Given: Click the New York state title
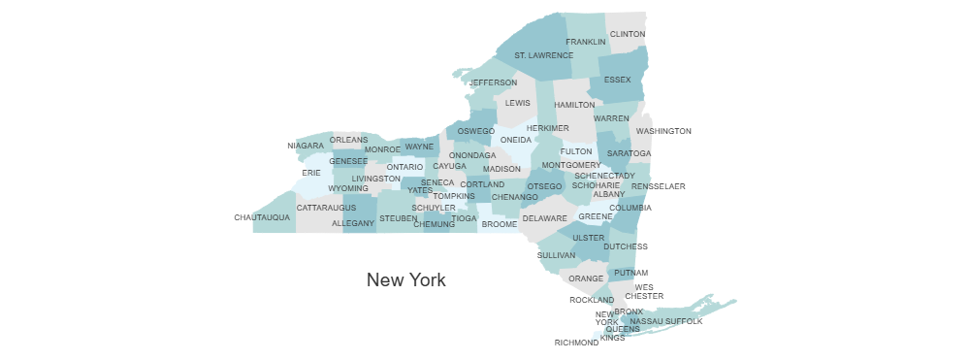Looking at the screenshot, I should pyautogui.click(x=406, y=280).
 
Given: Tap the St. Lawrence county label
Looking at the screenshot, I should pyautogui.click(x=543, y=55).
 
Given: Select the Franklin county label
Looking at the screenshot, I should pyautogui.click(x=586, y=42).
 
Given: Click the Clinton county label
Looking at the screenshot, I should pyautogui.click(x=628, y=34).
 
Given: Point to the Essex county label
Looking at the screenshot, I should pyautogui.click(x=617, y=80).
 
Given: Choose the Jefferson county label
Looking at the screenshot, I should pyautogui.click(x=494, y=82).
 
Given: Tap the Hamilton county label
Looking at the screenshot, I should pyautogui.click(x=574, y=105).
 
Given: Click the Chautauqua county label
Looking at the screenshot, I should pyautogui.click(x=262, y=217).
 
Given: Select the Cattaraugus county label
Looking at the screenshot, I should pyautogui.click(x=326, y=208).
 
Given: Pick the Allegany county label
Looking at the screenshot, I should pyautogui.click(x=353, y=223).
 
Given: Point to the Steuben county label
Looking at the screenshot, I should pyautogui.click(x=398, y=219).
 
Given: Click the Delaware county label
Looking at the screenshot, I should pyautogui.click(x=544, y=218).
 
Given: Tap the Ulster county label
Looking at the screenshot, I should pyautogui.click(x=589, y=237).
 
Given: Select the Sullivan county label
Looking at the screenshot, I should pyautogui.click(x=557, y=255).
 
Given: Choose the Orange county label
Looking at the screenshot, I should pyautogui.click(x=586, y=278).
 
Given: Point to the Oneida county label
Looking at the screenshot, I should pyautogui.click(x=516, y=140).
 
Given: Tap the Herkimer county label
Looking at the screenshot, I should pyautogui.click(x=547, y=128).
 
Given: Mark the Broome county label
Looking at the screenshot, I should pyautogui.click(x=500, y=224).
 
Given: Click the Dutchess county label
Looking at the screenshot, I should pyautogui.click(x=625, y=246).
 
